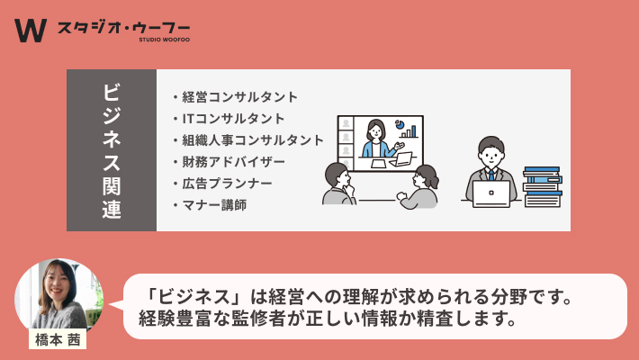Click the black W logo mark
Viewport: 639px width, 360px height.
pos(31,31)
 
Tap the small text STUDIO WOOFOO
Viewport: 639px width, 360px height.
pos(164,40)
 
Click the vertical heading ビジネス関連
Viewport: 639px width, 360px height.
pos(112,150)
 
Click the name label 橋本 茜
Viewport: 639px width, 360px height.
pos(58,339)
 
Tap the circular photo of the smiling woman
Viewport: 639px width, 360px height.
pos(58,294)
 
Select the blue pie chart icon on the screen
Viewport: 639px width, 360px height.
pos(400,123)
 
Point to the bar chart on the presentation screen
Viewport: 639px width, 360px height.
pos(409,131)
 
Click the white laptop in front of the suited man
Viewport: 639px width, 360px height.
pos(491,194)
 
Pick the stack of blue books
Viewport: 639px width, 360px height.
pos(543,186)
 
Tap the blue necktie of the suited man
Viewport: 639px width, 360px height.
pos(491,175)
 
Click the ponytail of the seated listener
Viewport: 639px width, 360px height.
pos(432,177)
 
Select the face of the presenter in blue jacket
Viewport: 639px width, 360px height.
pos(375,132)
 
